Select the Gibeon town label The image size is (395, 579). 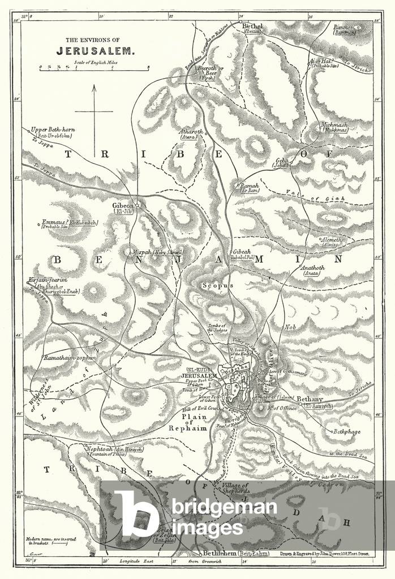pos(123,205)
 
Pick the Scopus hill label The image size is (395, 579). pos(218,286)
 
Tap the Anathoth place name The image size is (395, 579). pos(316,268)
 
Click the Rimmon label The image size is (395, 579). pos(344,27)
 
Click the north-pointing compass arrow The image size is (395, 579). pos(95,110)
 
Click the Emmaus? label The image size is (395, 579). pos(54,222)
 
